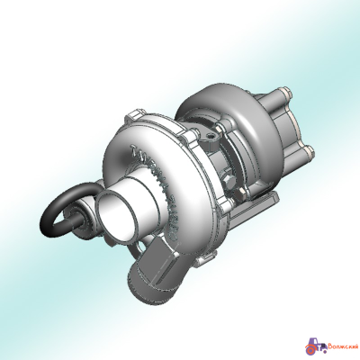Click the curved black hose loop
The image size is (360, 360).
point(56,214)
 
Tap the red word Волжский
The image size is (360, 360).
point(340,344)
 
